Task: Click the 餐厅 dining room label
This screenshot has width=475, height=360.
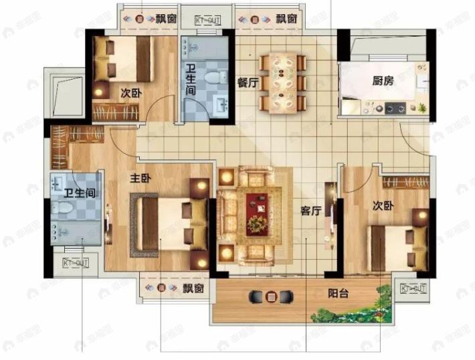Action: (x=248, y=82)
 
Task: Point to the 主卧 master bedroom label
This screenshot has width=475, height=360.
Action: (x=140, y=179)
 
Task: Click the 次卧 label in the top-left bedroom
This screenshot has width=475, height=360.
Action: (x=131, y=92)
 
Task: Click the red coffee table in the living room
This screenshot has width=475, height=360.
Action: (x=257, y=213)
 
